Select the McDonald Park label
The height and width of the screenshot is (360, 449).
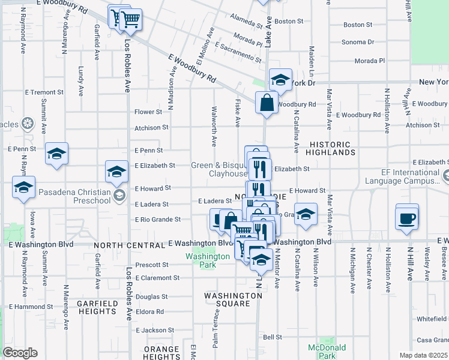pos(327,352)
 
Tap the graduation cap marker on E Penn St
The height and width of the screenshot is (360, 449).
pos(56,154)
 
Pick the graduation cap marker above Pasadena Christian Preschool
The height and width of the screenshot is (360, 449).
pos(116,172)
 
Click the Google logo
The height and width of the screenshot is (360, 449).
pos(19,353)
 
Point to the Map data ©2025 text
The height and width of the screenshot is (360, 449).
pos(423,355)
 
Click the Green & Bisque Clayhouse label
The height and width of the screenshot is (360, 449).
pos(218,170)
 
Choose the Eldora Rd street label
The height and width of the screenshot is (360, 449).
pos(150,312)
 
